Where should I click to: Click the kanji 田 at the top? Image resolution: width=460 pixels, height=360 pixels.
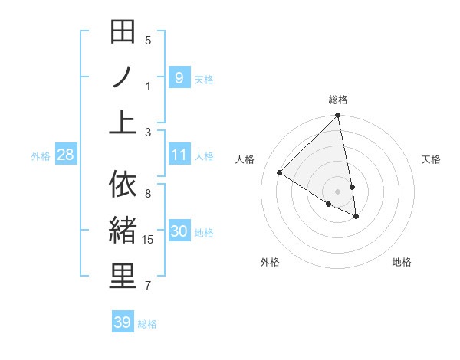click(123, 33)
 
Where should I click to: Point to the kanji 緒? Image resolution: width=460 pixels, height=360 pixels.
click(123, 231)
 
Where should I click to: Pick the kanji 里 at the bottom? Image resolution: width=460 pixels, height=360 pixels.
click(123, 277)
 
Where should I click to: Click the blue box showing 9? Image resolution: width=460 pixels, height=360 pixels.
click(179, 77)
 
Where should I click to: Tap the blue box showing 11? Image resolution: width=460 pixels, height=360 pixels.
click(179, 155)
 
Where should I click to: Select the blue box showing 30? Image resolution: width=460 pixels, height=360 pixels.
click(179, 232)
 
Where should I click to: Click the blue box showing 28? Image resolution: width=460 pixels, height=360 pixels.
click(66, 155)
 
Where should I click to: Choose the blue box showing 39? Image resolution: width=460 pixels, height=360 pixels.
click(123, 322)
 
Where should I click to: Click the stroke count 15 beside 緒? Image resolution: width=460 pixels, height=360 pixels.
click(149, 240)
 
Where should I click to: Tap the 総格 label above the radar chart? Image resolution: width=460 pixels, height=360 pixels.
click(338, 100)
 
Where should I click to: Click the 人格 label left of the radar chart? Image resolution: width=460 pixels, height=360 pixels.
click(245, 159)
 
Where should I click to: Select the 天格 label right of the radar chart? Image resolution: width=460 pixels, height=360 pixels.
click(431, 159)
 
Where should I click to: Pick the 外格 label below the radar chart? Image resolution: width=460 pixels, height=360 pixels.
click(270, 262)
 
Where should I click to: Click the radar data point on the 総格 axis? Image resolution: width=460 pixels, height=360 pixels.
click(337, 116)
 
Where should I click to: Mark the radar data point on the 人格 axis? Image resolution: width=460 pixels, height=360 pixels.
click(280, 172)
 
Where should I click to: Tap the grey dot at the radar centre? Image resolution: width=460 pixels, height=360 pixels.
click(337, 191)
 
